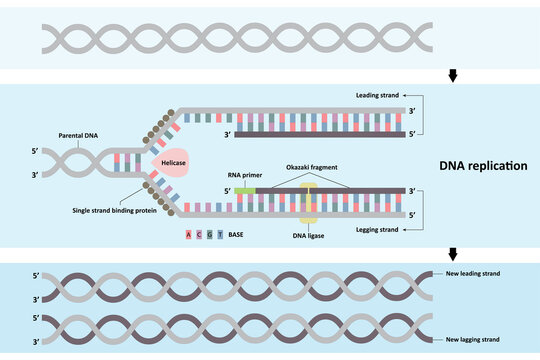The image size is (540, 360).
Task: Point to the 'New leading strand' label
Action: coord(471,273)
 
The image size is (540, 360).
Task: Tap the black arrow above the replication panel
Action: coord(456,77)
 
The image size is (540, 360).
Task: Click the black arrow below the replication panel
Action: coord(456,254)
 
